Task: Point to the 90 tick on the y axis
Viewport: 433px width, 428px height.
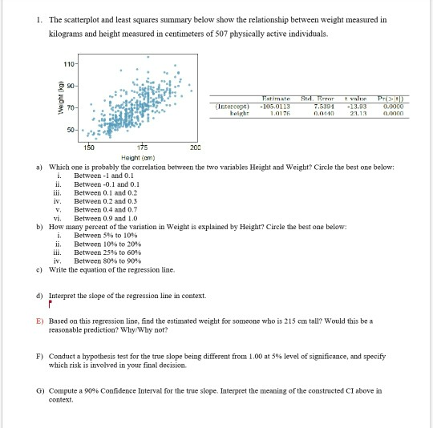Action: click(x=71, y=83)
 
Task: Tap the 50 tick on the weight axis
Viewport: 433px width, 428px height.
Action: click(x=71, y=128)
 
